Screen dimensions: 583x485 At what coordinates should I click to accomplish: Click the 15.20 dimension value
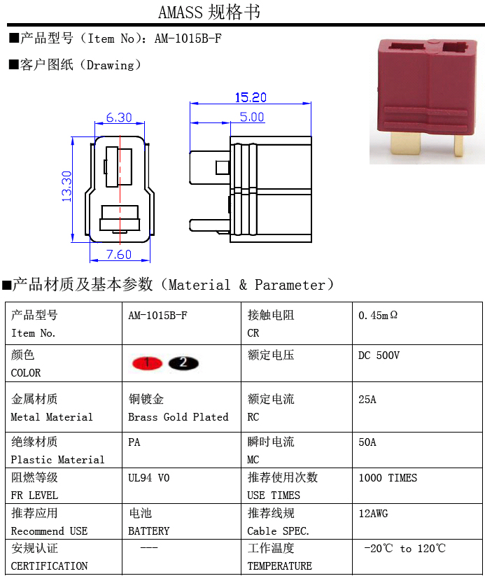[x=251, y=97]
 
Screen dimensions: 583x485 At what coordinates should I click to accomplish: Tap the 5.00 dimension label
[x=252, y=117]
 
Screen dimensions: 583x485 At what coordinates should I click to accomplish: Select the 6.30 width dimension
[x=119, y=117]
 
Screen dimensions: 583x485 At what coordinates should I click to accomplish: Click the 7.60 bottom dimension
[x=119, y=255]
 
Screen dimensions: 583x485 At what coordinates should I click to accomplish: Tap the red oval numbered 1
[x=147, y=363]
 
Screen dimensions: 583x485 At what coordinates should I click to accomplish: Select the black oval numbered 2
[x=183, y=363]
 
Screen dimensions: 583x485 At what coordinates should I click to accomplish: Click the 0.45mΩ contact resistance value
[x=378, y=316]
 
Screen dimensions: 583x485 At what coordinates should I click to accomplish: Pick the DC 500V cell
[x=379, y=356]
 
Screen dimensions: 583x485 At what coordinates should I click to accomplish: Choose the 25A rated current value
[x=367, y=400]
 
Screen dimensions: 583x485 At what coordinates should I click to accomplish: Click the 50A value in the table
[x=367, y=442]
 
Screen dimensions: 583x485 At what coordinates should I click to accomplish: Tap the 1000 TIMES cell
[x=388, y=478]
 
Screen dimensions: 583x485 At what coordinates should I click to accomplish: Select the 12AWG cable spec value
[x=373, y=514]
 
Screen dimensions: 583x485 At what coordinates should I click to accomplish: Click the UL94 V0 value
[x=148, y=478]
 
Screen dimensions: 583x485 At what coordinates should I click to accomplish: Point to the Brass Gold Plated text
[x=178, y=417]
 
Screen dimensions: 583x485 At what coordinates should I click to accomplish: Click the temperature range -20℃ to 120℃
[x=405, y=549]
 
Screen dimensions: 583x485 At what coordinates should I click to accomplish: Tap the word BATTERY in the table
[x=149, y=531]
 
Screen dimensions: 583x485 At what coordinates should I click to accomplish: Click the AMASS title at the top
[x=209, y=12]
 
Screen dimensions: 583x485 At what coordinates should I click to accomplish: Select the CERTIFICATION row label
[x=50, y=566]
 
